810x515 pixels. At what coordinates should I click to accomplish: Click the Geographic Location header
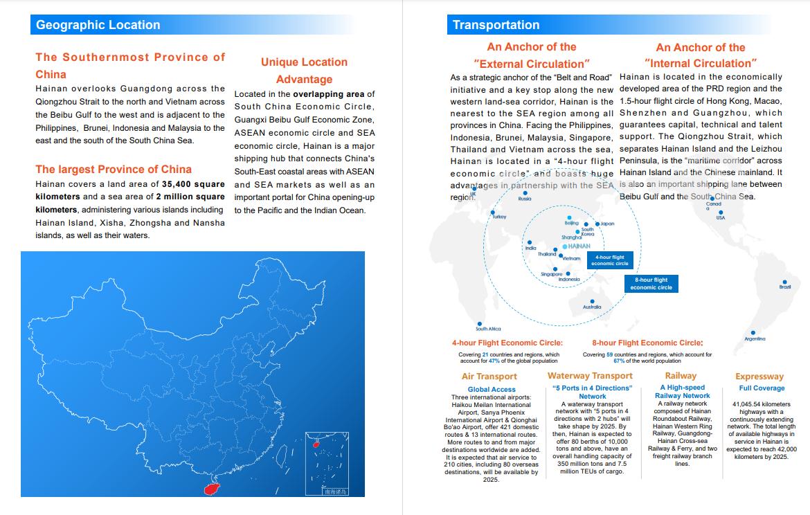click(98, 25)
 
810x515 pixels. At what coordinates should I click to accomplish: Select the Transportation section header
click(496, 25)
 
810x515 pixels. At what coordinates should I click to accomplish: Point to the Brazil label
click(784, 287)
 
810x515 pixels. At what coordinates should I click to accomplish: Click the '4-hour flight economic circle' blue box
click(610, 260)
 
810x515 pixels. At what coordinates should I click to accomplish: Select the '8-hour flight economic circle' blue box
click(651, 284)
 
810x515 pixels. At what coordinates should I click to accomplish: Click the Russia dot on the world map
click(525, 193)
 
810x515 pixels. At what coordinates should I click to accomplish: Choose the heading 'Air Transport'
click(489, 377)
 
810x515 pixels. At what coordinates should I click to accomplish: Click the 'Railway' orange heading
click(681, 376)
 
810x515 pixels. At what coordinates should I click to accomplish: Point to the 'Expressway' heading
click(759, 377)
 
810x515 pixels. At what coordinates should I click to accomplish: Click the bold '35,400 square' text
click(193, 184)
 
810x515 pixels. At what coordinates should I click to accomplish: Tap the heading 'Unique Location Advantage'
click(304, 71)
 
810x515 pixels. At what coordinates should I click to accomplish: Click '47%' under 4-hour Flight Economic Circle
click(494, 361)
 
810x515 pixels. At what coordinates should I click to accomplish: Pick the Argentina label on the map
click(755, 339)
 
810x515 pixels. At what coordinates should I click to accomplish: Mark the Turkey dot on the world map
click(492, 213)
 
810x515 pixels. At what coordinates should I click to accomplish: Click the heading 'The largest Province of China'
click(114, 169)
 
